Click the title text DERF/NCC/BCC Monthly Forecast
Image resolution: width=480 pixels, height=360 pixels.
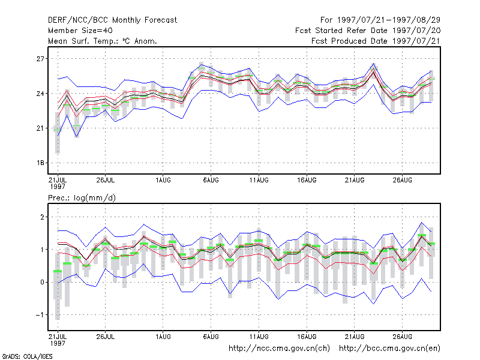112,20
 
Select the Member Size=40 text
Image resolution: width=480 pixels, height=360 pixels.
80,31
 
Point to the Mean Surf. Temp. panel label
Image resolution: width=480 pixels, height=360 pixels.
102,41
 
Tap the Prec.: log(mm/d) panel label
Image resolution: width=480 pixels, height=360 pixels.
82,198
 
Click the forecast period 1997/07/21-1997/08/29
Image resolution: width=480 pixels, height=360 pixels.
380,20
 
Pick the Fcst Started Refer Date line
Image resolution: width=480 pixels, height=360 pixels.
368,31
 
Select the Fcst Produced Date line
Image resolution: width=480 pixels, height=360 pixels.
376,41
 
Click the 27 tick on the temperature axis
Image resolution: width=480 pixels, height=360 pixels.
40,59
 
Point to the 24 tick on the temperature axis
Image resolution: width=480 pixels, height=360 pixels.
40,94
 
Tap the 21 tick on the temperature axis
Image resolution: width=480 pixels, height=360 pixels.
40,128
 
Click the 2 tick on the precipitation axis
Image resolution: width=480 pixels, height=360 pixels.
42,217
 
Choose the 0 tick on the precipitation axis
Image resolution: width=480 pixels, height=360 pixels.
42,282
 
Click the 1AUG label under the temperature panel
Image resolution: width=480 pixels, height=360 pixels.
163,181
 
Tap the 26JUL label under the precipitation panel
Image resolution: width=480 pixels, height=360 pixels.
106,337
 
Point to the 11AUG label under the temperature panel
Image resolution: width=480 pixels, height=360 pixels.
259,181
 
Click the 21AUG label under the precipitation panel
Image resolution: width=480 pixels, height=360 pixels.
355,337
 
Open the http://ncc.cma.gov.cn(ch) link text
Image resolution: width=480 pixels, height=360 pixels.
279,349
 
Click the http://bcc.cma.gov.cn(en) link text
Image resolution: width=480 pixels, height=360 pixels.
389,349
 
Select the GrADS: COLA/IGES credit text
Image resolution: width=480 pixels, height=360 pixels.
27,356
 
